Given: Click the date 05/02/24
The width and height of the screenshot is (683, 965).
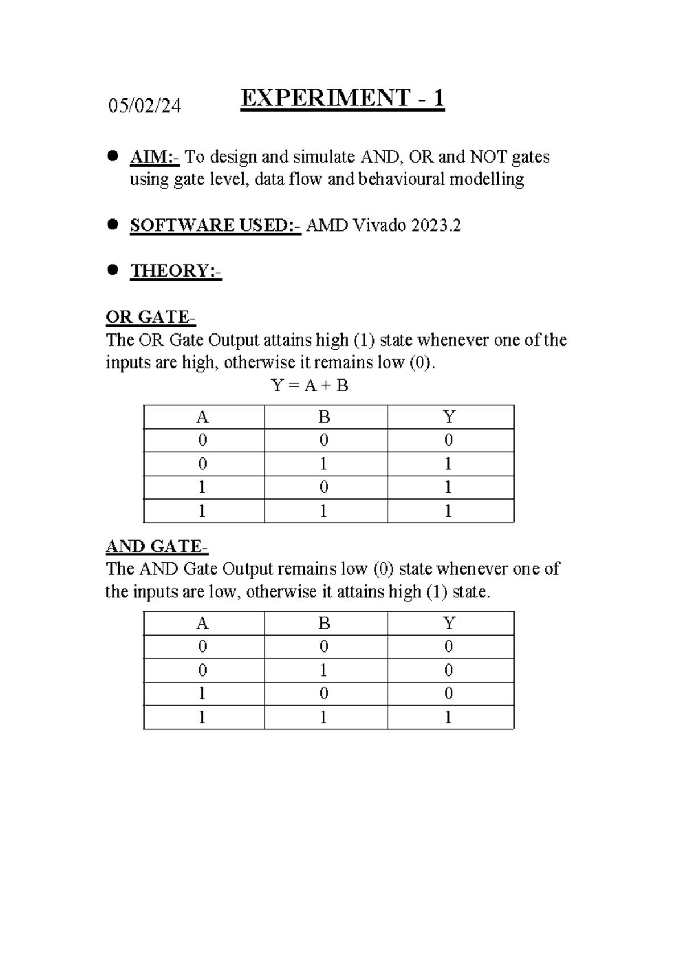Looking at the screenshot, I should click(x=145, y=105).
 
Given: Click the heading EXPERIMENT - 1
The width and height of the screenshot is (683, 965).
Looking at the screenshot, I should click(x=342, y=98).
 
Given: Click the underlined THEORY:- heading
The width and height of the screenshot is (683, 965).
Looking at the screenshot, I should click(x=176, y=270).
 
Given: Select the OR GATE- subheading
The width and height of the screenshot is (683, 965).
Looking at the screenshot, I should click(x=151, y=317).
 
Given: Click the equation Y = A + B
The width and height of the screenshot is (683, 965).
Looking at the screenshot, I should click(x=310, y=386).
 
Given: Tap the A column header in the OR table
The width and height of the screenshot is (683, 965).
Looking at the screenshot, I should click(x=202, y=417).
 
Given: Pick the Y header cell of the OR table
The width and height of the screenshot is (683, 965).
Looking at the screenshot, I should click(x=449, y=417).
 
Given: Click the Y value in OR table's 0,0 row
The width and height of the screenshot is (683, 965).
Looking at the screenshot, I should click(x=449, y=440).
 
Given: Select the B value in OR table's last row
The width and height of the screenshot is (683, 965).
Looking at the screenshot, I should click(x=324, y=511).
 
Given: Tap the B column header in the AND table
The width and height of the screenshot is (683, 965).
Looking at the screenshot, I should click(x=324, y=624).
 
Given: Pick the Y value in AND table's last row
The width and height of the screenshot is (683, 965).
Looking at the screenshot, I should click(x=449, y=717).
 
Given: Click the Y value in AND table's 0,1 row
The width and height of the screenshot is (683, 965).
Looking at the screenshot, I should click(x=449, y=670).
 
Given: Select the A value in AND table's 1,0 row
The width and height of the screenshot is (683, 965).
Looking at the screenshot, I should click(x=202, y=694).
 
